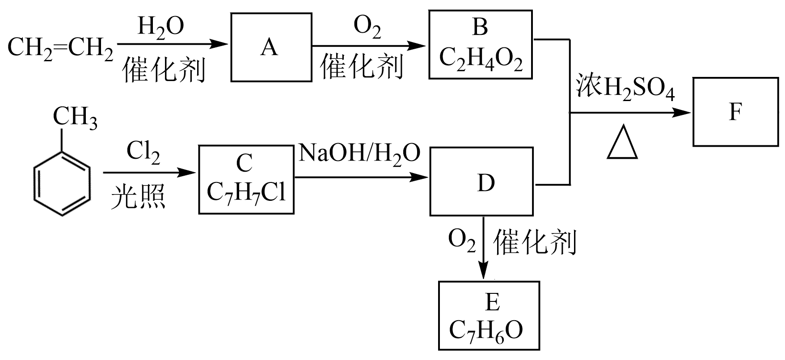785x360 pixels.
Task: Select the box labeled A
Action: point(271,47)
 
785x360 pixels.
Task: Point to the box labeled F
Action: point(735,112)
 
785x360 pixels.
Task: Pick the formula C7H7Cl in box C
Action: point(246,192)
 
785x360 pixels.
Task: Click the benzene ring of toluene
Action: point(63,183)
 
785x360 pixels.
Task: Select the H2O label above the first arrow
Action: point(160,27)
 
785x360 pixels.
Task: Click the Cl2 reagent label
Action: point(143,154)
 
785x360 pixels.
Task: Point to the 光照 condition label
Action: point(138,197)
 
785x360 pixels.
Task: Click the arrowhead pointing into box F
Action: point(684,113)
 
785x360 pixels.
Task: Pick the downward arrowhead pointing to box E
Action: point(483,272)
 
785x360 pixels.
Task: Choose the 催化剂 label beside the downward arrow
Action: point(535,244)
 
